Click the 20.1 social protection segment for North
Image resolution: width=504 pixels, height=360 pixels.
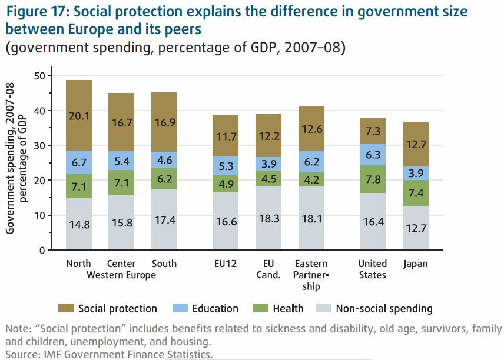point(79,115)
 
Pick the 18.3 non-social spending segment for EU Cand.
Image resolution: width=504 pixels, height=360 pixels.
point(268,218)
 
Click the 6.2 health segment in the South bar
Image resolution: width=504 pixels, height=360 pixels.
point(164,178)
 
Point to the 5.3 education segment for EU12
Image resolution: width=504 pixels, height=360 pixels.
point(226,166)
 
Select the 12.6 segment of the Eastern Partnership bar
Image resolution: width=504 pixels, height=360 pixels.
point(311,129)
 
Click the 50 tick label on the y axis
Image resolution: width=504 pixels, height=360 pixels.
point(39,75)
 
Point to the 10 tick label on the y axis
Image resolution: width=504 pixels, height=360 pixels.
point(39,215)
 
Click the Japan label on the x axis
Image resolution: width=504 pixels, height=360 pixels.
point(416,264)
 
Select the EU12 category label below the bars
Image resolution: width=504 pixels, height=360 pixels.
point(226,264)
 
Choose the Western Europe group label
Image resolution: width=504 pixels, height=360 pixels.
point(121,275)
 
